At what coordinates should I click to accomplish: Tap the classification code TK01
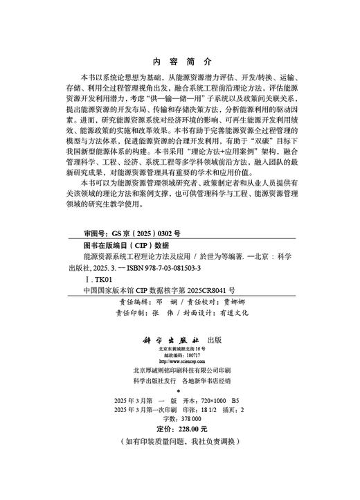tap(96, 278)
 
